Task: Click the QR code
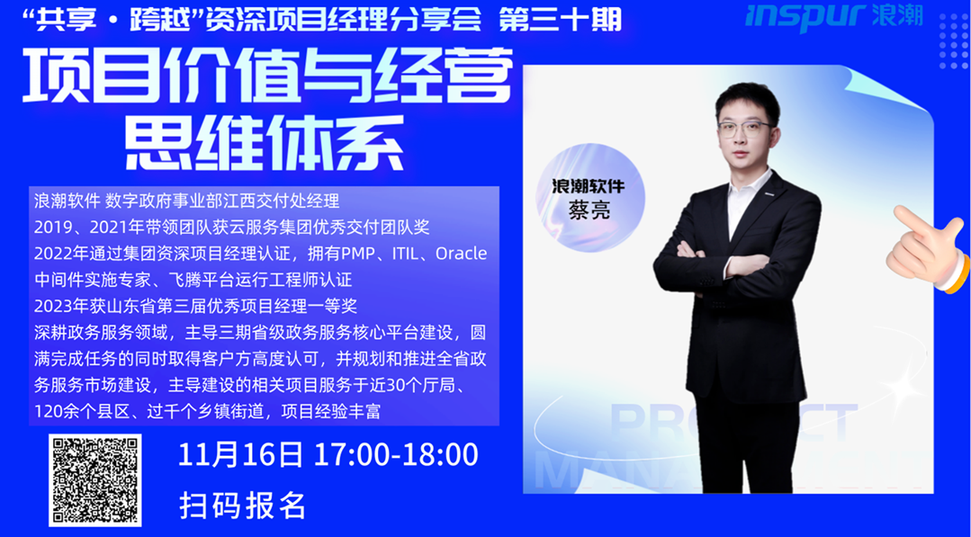click(95, 480)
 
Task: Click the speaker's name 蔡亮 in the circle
click(589, 209)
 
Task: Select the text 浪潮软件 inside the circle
click(589, 185)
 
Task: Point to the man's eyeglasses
click(744, 130)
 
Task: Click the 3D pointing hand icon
click(928, 246)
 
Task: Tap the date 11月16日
click(241, 455)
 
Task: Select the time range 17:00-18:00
click(396, 455)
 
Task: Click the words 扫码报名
click(242, 506)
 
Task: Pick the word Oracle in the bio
click(462, 254)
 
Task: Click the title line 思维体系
click(265, 144)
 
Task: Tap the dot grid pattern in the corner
click(953, 40)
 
